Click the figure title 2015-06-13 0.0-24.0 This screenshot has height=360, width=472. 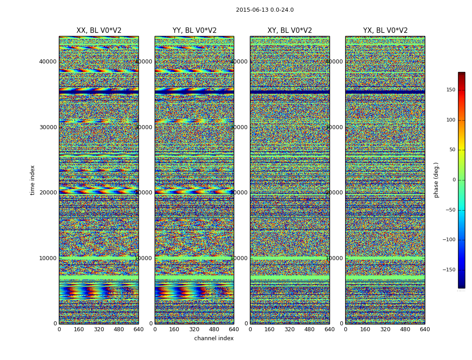265,10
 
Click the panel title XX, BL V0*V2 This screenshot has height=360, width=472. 99,31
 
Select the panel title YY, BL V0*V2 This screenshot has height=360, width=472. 194,31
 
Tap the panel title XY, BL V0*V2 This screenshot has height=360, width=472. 289,31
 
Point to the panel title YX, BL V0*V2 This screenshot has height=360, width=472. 385,31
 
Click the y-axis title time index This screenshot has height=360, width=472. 32,180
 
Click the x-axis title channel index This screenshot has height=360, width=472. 214,338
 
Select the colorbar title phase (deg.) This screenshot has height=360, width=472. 436,180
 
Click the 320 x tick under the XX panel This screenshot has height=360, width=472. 99,329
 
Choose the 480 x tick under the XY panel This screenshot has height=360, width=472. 310,329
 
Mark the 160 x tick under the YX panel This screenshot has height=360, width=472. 365,329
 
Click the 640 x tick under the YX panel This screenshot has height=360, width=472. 425,329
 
